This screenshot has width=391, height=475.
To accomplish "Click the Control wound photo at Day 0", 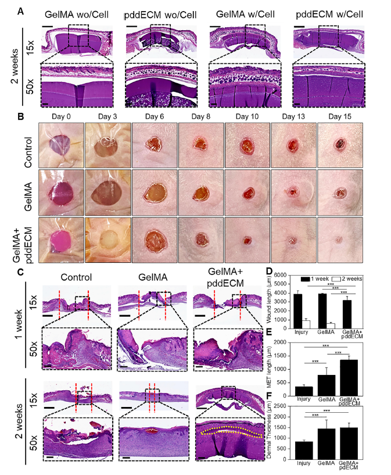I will tap(60, 144).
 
